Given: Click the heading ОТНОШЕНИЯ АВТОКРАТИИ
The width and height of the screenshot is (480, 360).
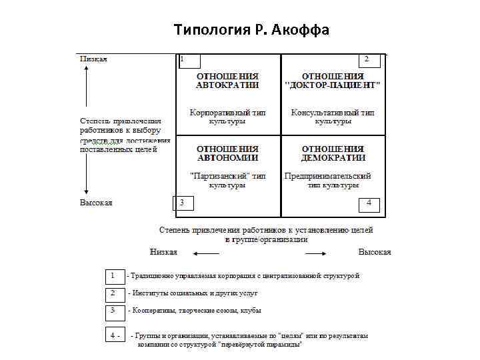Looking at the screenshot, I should point(227,81).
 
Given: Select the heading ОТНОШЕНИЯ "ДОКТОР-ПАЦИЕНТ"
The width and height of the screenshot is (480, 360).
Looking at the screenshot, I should point(333,81).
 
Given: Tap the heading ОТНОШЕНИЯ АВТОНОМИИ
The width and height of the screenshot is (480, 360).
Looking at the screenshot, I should point(227,153).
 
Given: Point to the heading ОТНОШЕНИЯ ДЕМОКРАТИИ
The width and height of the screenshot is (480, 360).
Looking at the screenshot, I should point(333,153).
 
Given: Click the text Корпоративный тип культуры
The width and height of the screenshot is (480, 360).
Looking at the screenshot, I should point(227,117).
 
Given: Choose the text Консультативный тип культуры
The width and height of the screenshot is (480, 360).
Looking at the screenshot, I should point(333,117).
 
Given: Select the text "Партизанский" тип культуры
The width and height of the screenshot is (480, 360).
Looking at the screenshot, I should point(227,181).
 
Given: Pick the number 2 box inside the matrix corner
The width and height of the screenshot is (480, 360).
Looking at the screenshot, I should point(366,60).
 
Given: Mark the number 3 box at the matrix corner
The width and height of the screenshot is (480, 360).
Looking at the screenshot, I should point(183,202).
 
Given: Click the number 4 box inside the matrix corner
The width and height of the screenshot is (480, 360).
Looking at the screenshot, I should point(369,203).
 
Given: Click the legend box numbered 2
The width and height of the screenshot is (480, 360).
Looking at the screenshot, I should point(115,293).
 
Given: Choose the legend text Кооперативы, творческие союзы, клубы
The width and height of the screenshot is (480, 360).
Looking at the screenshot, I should point(196,311).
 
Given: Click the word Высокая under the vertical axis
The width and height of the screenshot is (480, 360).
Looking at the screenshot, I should point(96,202).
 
